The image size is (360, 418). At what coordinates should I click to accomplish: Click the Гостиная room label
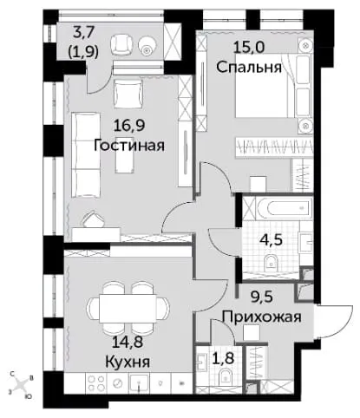[x=129, y=145]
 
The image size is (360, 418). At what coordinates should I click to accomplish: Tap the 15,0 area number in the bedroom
[x=249, y=47]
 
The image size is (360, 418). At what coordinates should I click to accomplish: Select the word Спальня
[x=249, y=67]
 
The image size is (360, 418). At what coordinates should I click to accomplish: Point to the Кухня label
[x=128, y=362]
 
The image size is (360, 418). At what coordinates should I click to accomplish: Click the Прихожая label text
[x=262, y=317]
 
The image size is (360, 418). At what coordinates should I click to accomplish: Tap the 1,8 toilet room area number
[x=223, y=358]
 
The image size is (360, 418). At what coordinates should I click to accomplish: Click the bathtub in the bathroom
[x=285, y=208]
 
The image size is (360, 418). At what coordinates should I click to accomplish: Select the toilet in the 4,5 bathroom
[x=271, y=262]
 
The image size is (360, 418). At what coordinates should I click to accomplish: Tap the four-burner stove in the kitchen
[x=95, y=383]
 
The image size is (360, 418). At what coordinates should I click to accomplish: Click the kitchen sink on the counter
[x=139, y=383]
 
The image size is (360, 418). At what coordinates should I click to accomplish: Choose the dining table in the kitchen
[x=128, y=309]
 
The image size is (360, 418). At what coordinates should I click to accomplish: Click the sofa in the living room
[x=86, y=155]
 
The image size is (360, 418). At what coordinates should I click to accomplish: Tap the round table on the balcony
[x=147, y=46]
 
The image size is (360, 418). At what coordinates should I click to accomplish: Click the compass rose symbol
[x=21, y=385]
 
